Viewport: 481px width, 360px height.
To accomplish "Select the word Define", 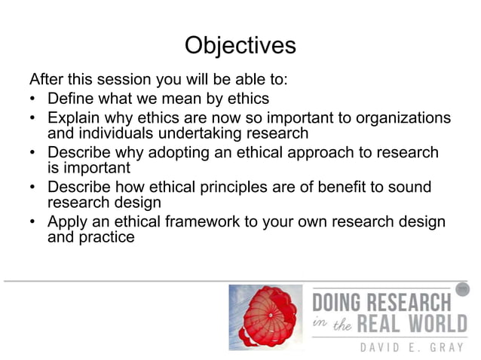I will tap(71, 99).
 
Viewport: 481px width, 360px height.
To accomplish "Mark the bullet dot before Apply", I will tap(33, 222).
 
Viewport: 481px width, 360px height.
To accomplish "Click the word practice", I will tap(106, 237).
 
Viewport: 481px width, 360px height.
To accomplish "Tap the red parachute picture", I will tap(265, 316).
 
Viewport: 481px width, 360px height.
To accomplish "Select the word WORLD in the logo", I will tap(427, 326).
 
